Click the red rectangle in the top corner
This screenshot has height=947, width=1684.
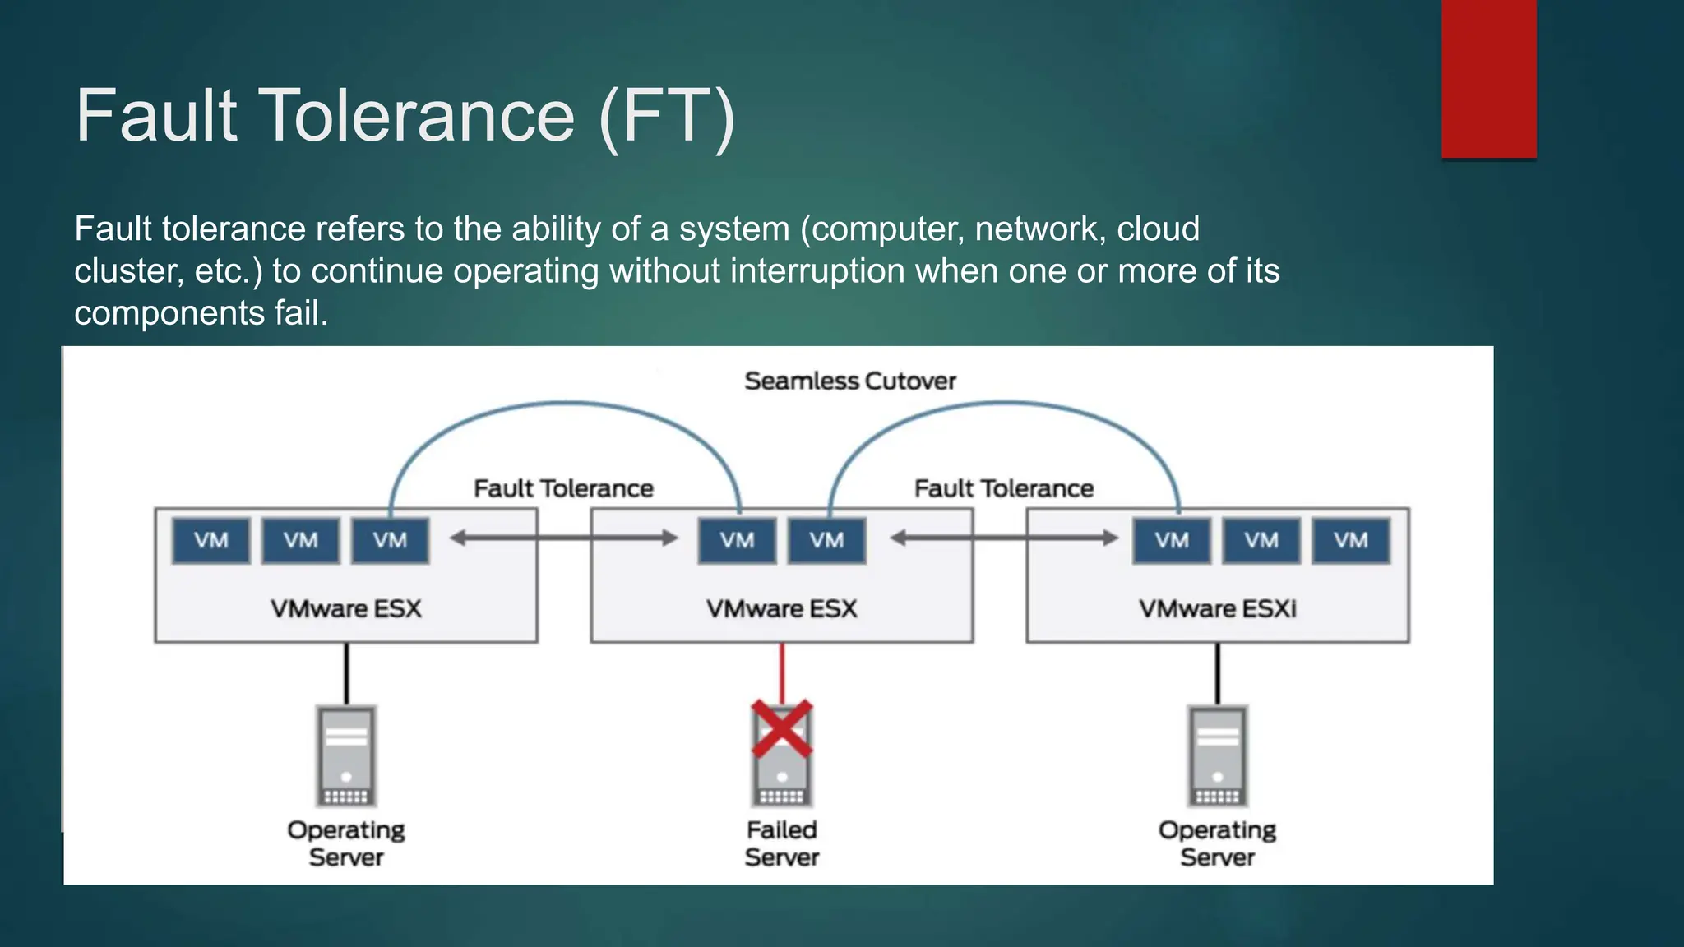[1488, 79]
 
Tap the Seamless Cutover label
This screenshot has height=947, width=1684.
[850, 381]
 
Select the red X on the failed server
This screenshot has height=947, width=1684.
[782, 728]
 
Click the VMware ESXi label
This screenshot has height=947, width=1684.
[1217, 609]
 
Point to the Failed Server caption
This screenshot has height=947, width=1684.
[782, 843]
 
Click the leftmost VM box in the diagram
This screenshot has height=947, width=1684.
[210, 540]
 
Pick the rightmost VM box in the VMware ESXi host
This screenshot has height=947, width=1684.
[1350, 540]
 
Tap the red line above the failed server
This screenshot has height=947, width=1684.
[782, 671]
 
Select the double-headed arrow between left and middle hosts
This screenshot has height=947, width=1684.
[564, 538]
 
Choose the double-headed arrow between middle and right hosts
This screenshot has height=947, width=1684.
[1004, 538]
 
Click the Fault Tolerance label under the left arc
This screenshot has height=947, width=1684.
[563, 489]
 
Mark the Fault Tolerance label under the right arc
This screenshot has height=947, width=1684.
[1004, 489]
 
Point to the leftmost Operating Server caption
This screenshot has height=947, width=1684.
[346, 843]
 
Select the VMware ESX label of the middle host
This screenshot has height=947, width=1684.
[781, 609]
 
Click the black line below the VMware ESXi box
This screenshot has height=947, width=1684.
[1217, 672]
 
